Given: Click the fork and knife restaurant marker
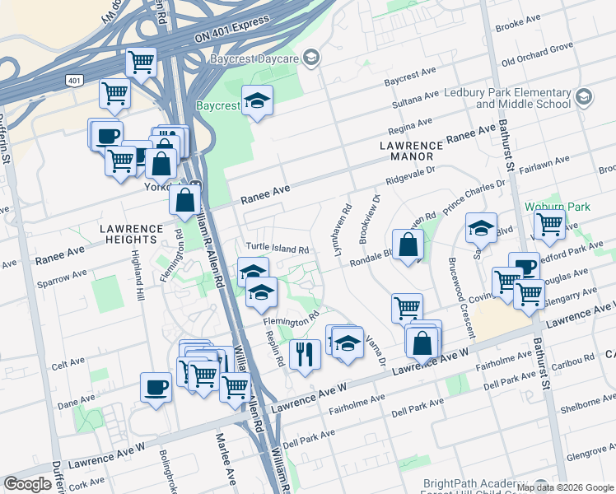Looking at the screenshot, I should coord(305,354).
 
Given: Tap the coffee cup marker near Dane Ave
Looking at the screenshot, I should coord(156,387).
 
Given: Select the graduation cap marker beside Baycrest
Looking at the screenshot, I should coord(258,100).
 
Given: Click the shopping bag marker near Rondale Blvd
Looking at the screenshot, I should coord(408,245).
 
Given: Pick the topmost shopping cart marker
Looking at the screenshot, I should coord(142,61).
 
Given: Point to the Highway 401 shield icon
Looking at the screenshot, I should coord(74,80).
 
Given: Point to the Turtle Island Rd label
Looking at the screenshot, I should coord(277,248).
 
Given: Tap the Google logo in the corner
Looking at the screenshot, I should coord(27,484).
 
